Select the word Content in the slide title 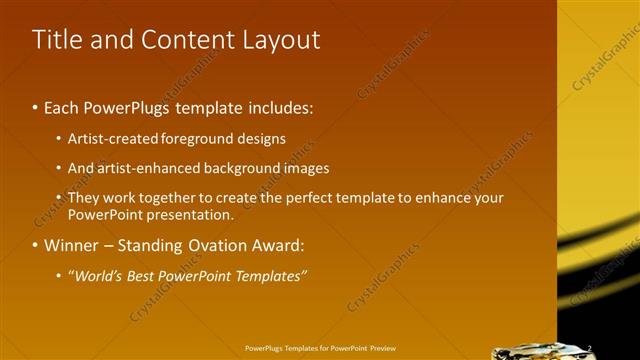190,40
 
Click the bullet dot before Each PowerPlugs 36,106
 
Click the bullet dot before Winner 36,245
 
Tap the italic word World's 97,275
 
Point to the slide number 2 591,348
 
